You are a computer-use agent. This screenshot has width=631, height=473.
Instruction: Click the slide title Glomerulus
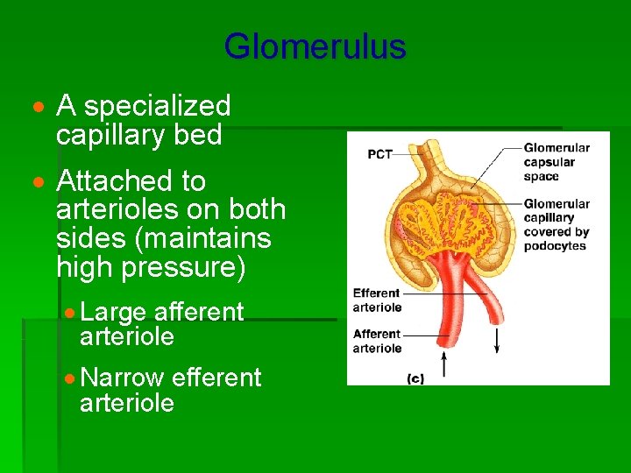click(315, 46)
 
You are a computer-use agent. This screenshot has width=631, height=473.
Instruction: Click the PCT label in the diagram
click(379, 154)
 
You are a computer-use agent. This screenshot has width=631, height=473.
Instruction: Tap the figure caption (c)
click(415, 378)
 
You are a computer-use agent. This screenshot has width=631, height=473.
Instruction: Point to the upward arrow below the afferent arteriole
click(444, 361)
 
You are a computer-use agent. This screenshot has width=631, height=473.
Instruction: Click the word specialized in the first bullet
click(157, 107)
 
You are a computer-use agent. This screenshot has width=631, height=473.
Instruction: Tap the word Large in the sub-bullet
click(113, 312)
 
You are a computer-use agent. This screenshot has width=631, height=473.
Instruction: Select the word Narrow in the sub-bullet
click(122, 378)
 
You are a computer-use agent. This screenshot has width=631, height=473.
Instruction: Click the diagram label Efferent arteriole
click(377, 300)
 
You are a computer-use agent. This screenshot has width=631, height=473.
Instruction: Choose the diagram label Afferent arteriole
click(377, 340)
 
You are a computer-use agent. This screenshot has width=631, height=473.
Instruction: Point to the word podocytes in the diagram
click(554, 246)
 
